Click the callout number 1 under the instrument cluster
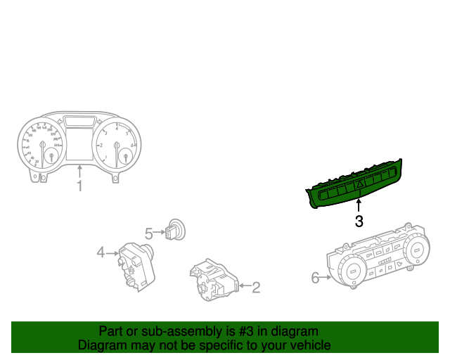tap(79, 186)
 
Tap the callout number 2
tap(256, 287)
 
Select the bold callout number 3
tap(359, 221)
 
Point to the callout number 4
tap(101, 252)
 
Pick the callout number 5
tap(149, 233)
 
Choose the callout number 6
tap(315, 278)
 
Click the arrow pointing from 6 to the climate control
tap(327, 278)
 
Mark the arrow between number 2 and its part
tap(245, 286)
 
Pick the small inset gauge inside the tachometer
tap(124, 156)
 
